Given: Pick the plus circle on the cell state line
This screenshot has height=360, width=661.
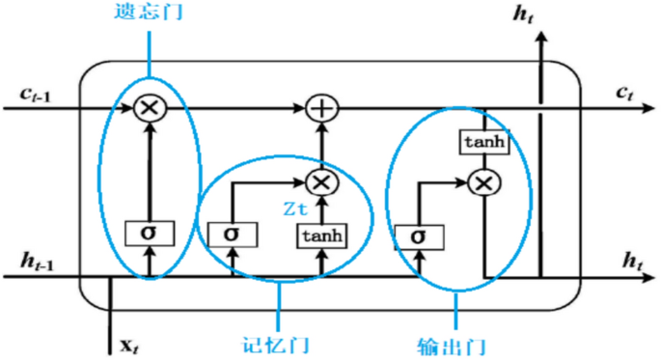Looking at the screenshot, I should click(320, 108).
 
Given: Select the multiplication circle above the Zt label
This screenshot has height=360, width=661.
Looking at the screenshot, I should click(320, 180).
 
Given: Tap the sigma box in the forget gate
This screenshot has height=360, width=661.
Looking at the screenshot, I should click(149, 233).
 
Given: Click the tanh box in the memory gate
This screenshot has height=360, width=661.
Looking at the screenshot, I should click(320, 235).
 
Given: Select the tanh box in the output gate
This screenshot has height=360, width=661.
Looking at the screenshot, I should click(482, 142).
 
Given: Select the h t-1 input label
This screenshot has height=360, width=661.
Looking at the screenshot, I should click(36, 261).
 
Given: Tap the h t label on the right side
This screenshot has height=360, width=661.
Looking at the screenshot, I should click(632, 261).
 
